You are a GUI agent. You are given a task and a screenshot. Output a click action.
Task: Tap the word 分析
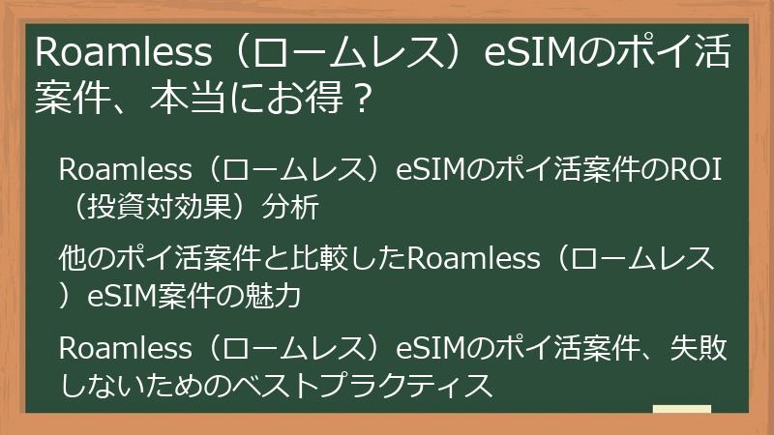290,207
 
